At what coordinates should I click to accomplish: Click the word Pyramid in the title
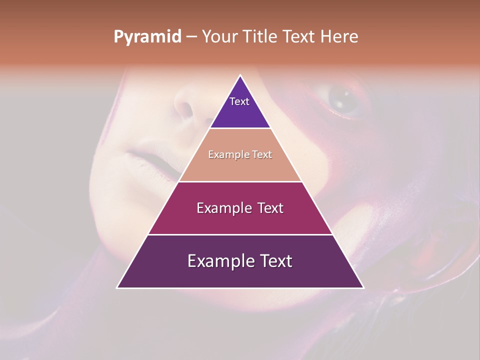147,37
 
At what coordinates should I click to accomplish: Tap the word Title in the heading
259,36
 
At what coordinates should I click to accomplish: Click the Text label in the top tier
239,101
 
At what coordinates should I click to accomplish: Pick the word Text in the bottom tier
278,261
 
